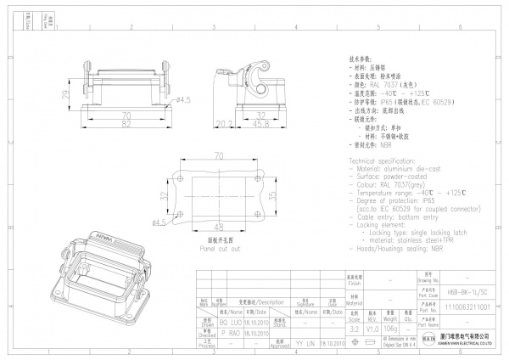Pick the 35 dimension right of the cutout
[274, 194]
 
